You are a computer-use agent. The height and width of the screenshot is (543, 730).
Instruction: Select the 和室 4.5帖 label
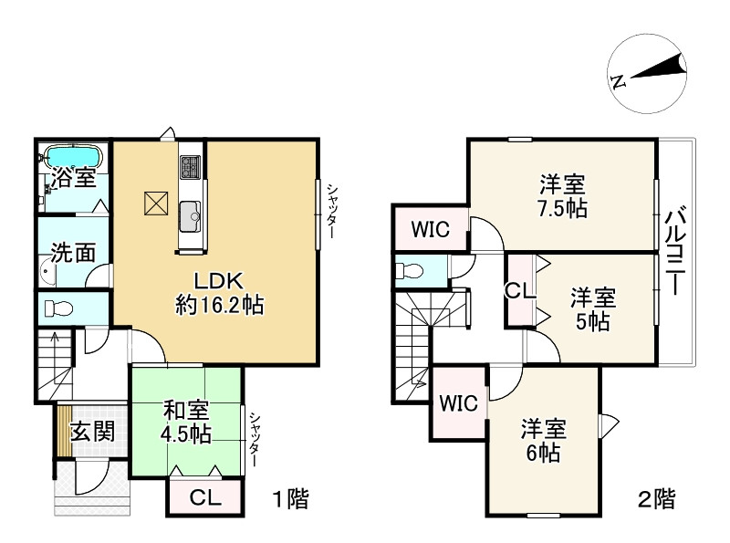click(187, 420)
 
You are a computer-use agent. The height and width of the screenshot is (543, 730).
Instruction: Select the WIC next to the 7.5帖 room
click(429, 228)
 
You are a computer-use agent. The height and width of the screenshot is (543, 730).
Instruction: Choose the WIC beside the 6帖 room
click(458, 402)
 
